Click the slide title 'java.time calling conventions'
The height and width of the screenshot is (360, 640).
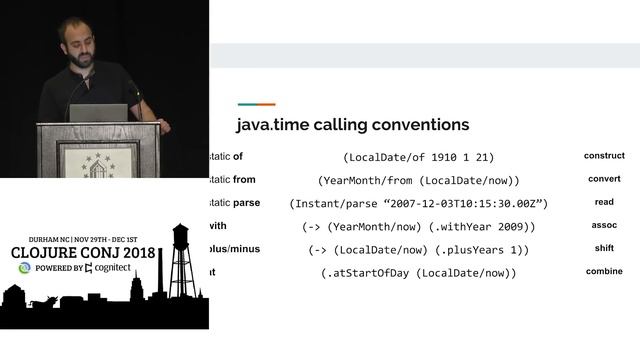tap(352, 125)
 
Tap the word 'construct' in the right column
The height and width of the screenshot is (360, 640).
tap(604, 156)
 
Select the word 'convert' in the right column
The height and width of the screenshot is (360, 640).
tap(604, 179)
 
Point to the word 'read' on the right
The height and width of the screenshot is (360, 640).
tap(604, 202)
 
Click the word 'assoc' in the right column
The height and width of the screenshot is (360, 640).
tap(604, 225)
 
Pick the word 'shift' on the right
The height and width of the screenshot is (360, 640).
tap(604, 248)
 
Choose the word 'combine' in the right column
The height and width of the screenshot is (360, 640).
tap(604, 271)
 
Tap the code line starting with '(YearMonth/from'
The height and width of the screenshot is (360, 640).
tap(418, 180)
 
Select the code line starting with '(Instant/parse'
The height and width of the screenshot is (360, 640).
tap(418, 203)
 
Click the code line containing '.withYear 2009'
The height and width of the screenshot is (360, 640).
tap(418, 226)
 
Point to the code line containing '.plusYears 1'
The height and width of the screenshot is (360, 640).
tap(418, 249)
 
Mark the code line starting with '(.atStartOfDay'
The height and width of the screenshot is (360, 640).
tap(418, 272)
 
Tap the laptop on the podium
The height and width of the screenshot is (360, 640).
tap(98, 112)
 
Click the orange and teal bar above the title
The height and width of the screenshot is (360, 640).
tap(256, 104)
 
